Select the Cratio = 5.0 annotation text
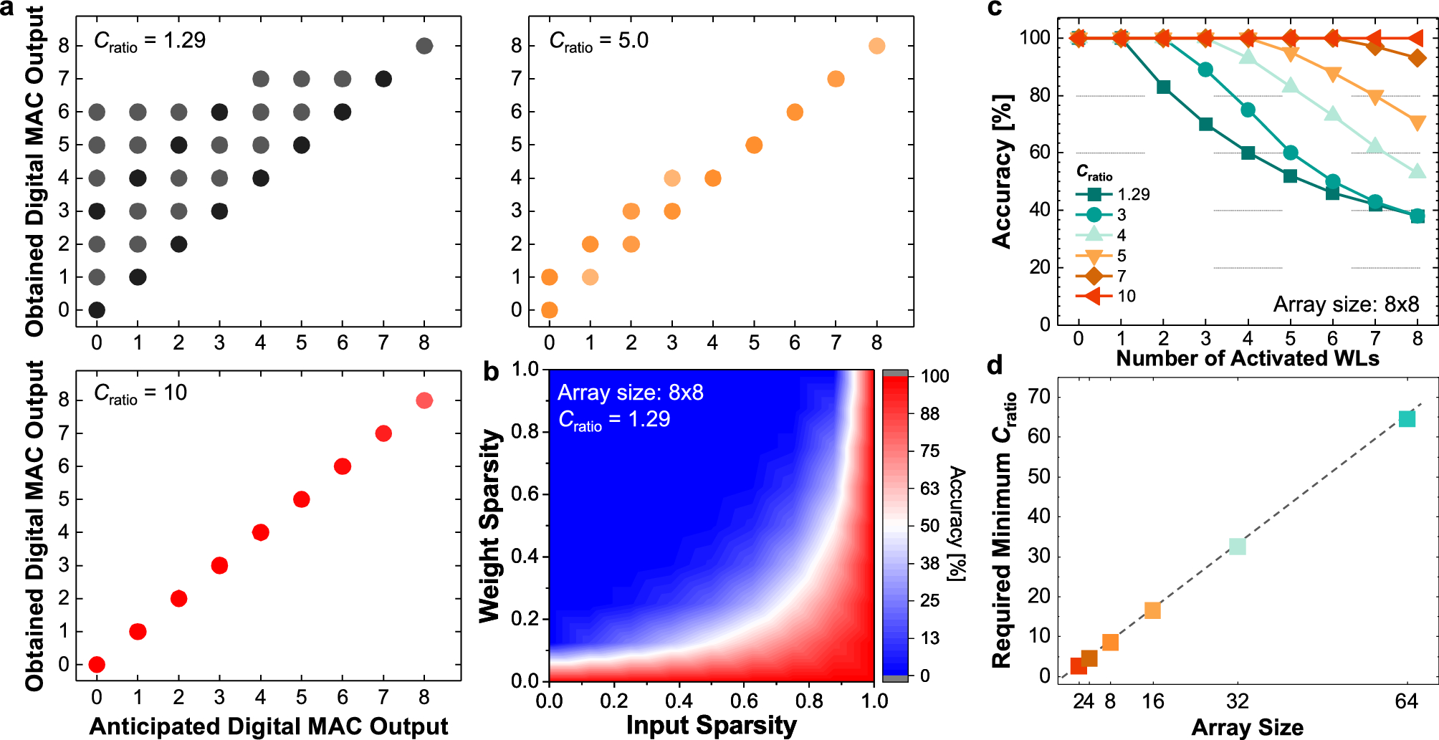[x=598, y=41]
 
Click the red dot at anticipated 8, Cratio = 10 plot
[x=424, y=400]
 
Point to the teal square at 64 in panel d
[x=1407, y=419]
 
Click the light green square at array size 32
[x=1237, y=547]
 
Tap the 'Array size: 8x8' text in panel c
[x=1345, y=304]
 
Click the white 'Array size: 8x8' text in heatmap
[x=630, y=393]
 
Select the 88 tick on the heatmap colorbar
[x=929, y=413]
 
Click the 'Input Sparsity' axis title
[x=711, y=725]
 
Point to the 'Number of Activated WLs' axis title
[x=1247, y=357]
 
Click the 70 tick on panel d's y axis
[x=1038, y=396]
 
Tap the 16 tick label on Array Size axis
[x=1152, y=701]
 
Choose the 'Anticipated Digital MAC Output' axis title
[x=269, y=726]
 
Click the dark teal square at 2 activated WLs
[x=1163, y=87]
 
